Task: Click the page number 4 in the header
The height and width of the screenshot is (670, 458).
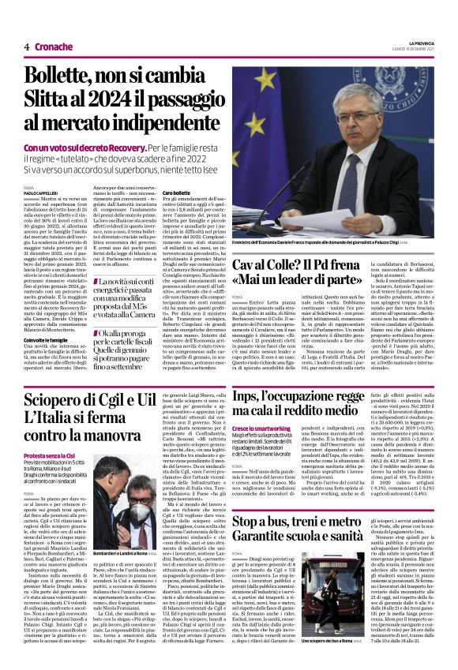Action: tap(27, 47)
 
